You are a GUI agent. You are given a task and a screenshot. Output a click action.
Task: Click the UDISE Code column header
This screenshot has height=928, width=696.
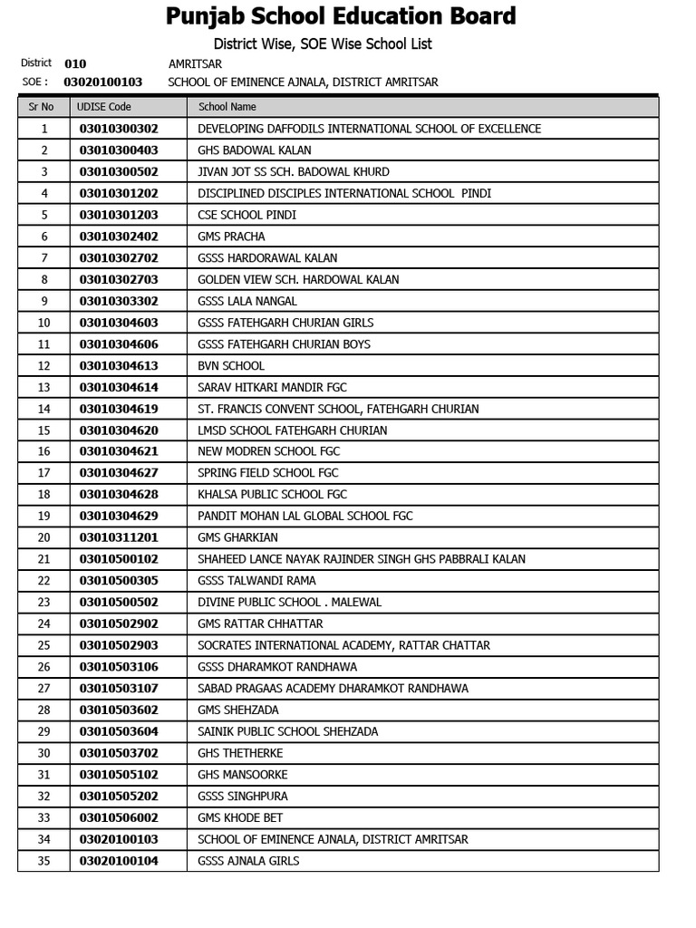click(104, 107)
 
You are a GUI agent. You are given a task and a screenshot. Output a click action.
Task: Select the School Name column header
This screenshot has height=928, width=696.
click(227, 107)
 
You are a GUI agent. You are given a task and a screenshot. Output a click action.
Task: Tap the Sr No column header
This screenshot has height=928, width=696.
click(42, 107)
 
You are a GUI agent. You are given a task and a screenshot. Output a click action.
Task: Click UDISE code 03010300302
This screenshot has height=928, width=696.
click(119, 129)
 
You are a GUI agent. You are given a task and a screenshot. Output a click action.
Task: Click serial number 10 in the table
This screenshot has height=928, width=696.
click(43, 323)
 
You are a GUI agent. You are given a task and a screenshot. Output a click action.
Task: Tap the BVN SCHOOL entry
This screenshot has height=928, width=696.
click(231, 366)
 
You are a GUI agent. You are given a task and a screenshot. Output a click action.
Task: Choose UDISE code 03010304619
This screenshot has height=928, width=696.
click(119, 409)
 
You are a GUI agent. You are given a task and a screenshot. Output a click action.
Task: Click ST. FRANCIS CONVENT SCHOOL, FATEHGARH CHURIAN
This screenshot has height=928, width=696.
click(338, 409)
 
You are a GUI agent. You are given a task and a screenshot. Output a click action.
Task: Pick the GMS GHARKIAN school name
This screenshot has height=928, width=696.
click(238, 537)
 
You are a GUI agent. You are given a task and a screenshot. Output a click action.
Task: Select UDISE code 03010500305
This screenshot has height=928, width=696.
click(119, 581)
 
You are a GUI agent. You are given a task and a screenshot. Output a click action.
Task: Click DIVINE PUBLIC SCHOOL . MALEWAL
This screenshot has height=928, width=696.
click(289, 603)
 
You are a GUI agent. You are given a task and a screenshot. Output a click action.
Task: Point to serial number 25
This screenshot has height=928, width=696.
click(43, 645)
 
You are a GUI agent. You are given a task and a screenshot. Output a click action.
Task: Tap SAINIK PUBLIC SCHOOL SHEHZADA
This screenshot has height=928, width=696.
click(287, 731)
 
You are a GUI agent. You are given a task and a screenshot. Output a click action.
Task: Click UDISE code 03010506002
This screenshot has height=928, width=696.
click(119, 817)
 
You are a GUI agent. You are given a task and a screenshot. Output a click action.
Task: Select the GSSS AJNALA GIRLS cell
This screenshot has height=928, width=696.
click(248, 861)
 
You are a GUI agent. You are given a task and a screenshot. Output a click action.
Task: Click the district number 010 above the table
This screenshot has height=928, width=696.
click(75, 64)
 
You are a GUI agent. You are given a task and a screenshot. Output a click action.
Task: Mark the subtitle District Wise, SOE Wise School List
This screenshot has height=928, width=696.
click(323, 43)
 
